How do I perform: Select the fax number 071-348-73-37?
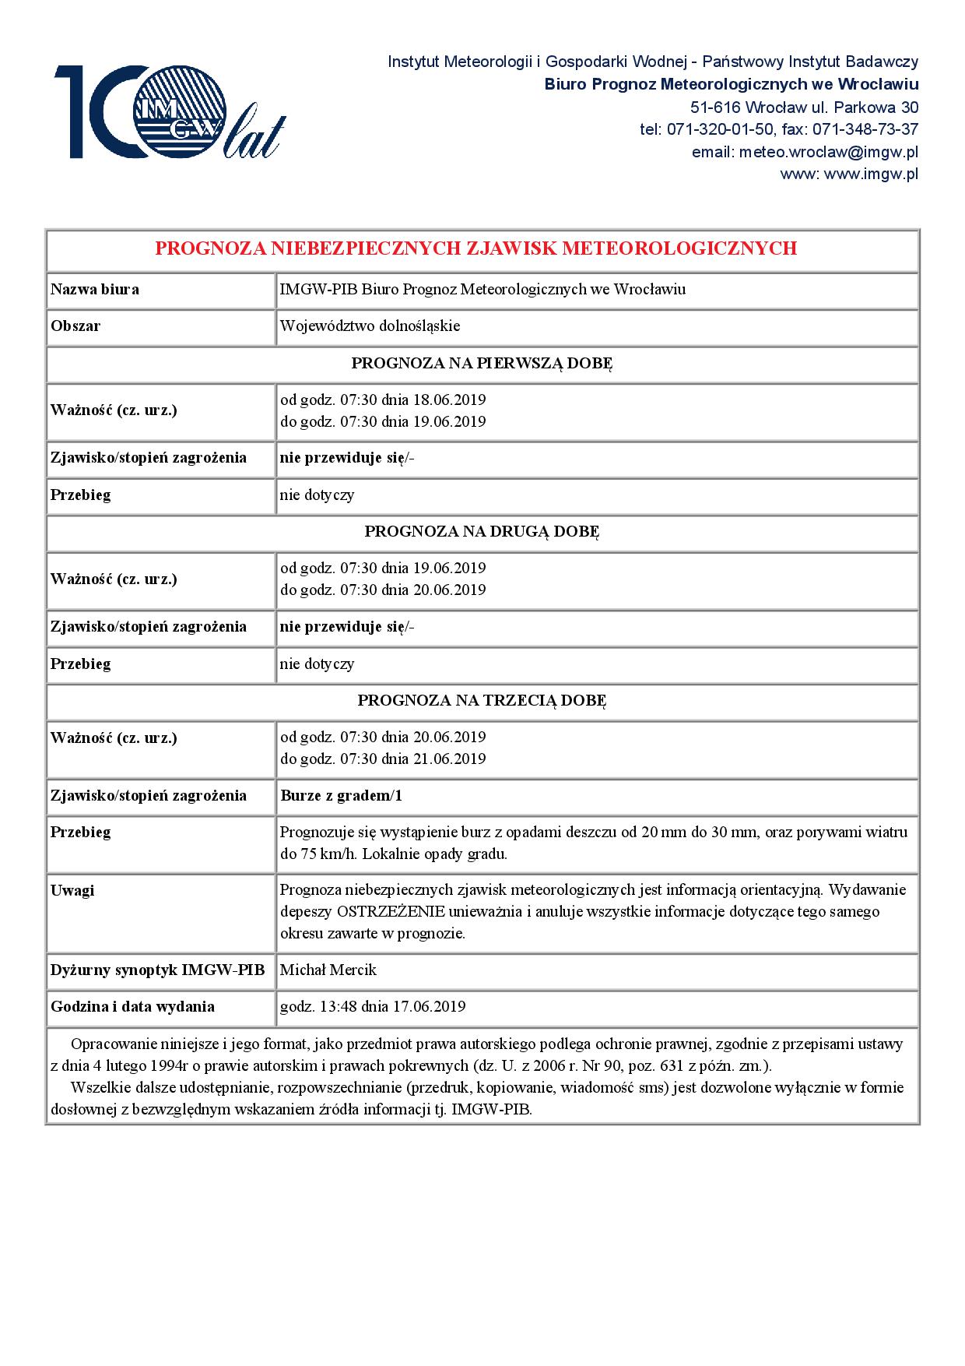pyautogui.click(x=865, y=129)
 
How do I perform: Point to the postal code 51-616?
pyautogui.click(x=715, y=107)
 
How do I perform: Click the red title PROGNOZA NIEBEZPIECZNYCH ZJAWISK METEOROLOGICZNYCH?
pyautogui.click(x=475, y=248)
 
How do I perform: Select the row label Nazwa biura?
pyautogui.click(x=95, y=290)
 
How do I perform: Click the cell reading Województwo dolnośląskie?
pyautogui.click(x=370, y=326)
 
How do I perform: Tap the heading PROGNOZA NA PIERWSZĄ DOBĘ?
pyautogui.click(x=482, y=364)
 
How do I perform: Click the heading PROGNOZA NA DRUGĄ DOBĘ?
pyautogui.click(x=482, y=532)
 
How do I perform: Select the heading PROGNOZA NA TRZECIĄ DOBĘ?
pyautogui.click(x=482, y=701)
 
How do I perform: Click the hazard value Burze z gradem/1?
pyautogui.click(x=341, y=796)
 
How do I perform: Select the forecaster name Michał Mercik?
pyautogui.click(x=328, y=970)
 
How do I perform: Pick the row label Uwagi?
pyautogui.click(x=72, y=890)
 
